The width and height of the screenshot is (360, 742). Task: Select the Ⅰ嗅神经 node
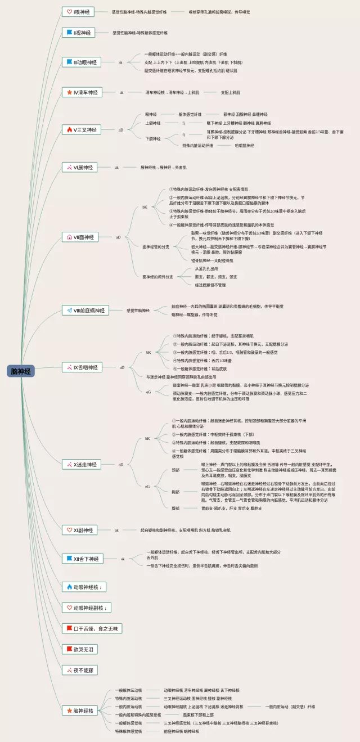[78, 12]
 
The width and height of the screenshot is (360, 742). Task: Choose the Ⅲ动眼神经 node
[82, 62]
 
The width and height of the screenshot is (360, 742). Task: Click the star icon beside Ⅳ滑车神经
[69, 92]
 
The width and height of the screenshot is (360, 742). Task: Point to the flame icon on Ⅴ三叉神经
[69, 130]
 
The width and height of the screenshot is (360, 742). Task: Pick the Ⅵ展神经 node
[79, 167]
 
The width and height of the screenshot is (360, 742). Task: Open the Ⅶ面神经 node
[82, 237]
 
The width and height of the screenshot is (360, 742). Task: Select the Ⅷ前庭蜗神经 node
[84, 310]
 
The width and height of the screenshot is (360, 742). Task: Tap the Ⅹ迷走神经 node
[82, 465]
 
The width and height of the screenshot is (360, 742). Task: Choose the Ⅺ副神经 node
[79, 530]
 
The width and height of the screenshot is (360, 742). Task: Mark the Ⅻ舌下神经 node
[82, 559]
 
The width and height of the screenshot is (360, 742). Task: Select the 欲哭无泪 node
[79, 649]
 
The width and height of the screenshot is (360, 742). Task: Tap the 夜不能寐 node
[80, 670]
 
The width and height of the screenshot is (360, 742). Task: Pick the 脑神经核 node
[81, 710]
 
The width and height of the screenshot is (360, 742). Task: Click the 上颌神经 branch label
[152, 123]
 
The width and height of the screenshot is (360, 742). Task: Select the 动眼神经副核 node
[86, 608]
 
